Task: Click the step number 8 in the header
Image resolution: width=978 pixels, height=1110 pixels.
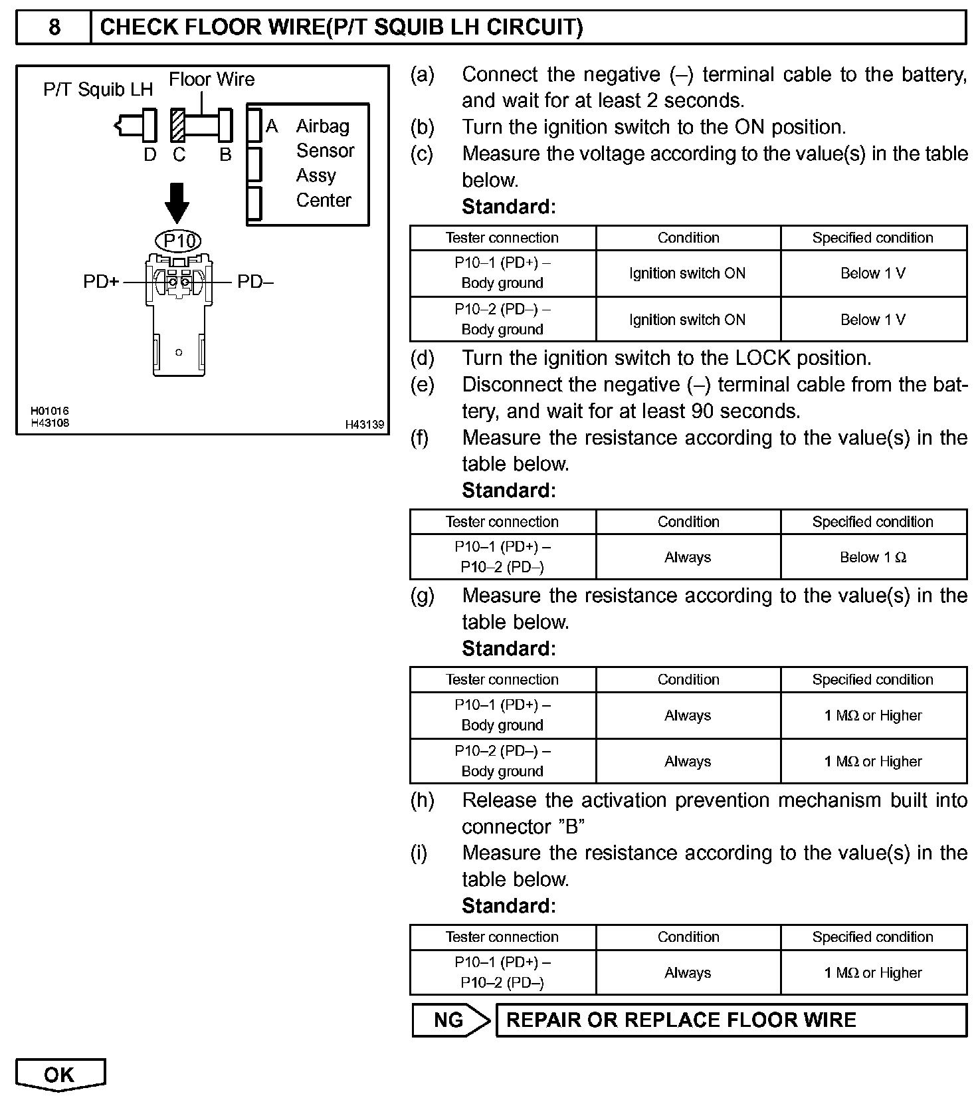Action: coord(54,27)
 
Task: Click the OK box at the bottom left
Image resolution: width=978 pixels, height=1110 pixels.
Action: coord(60,1075)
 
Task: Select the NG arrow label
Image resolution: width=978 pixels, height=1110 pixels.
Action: coord(450,1020)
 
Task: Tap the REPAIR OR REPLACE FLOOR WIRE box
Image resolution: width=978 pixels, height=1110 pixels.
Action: coord(731,1020)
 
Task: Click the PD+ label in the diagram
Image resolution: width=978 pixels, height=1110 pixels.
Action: coord(101,282)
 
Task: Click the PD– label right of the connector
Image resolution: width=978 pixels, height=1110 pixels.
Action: coord(256,282)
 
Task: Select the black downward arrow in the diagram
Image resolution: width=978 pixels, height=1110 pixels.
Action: coord(177,203)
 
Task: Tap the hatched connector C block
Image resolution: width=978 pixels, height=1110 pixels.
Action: coord(177,125)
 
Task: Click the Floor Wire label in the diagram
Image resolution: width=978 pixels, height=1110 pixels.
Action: coord(211,80)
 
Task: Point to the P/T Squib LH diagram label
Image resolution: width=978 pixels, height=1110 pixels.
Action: coord(98,90)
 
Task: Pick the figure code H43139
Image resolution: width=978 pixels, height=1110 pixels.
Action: coord(364,424)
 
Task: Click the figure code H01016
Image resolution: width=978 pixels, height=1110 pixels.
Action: coord(49,411)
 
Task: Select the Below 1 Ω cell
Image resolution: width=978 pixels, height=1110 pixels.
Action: coord(873,557)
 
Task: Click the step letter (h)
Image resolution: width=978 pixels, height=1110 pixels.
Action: coord(422,800)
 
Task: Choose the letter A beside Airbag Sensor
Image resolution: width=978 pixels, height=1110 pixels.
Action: coord(272,126)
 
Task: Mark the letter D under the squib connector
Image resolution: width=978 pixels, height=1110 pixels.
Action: coord(150,154)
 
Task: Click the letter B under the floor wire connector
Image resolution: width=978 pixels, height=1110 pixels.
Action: coord(225,154)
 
